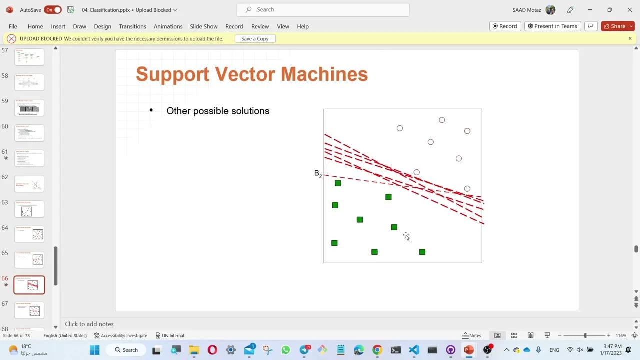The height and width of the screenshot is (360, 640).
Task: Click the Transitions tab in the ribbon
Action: (x=132, y=26)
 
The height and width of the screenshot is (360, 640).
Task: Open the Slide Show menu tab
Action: (x=203, y=26)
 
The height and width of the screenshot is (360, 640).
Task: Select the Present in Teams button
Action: (x=552, y=26)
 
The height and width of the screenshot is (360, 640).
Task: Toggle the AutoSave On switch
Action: (x=53, y=10)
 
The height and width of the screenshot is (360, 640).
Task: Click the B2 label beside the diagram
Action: (x=318, y=174)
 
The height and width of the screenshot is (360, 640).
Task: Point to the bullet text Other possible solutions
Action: (x=218, y=111)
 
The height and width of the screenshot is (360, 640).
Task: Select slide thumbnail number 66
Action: (x=29, y=285)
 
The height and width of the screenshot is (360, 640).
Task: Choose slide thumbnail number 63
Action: (x=29, y=209)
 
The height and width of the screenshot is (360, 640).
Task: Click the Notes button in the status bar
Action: (x=471, y=335)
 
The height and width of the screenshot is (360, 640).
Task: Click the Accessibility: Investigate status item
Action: (x=120, y=335)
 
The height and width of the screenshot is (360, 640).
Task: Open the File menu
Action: (x=13, y=26)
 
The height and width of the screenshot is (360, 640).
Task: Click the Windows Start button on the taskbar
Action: (x=94, y=350)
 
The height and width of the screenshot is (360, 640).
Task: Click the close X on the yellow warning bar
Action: (x=630, y=38)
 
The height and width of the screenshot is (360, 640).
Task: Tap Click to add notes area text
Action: (x=89, y=324)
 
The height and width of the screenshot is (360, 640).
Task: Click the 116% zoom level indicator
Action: (x=621, y=335)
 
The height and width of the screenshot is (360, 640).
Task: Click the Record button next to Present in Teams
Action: (x=505, y=26)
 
